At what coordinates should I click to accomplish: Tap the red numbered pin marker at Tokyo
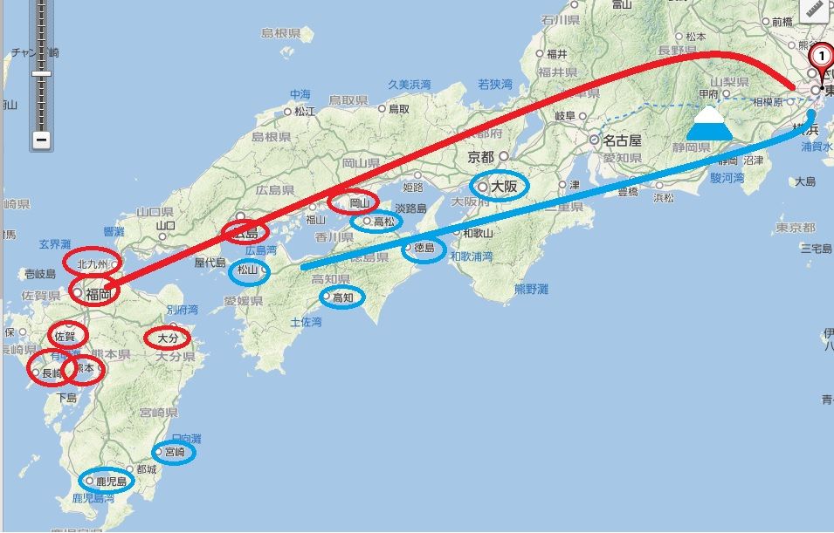[820, 59]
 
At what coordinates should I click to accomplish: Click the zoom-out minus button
[41, 140]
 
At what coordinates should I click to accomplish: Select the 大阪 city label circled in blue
[504, 186]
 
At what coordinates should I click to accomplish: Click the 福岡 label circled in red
[99, 294]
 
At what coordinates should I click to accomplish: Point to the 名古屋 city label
[623, 140]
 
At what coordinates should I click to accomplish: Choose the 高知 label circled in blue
[343, 297]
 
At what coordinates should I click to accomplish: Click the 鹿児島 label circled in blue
[111, 481]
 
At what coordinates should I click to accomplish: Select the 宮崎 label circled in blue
[174, 452]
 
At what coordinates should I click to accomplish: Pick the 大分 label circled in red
[167, 337]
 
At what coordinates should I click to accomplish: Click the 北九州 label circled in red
[93, 263]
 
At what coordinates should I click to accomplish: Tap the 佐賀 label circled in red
[66, 336]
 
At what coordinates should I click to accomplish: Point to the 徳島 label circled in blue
[424, 249]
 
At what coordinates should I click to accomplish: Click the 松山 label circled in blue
[248, 270]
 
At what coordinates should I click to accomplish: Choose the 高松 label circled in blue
[383, 222]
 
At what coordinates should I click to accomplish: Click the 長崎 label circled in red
[51, 372]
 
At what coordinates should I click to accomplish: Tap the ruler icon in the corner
[816, 10]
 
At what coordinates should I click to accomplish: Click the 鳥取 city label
[399, 108]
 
